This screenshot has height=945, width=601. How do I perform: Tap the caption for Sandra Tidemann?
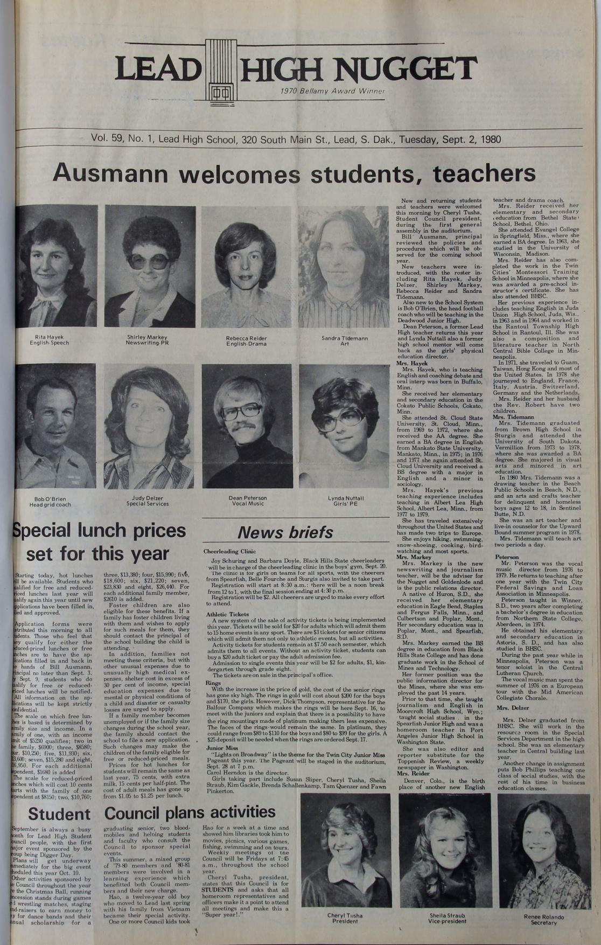click(344, 341)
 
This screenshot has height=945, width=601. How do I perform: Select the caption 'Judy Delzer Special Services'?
click(148, 501)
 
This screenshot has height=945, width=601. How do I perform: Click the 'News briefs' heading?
click(286, 532)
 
